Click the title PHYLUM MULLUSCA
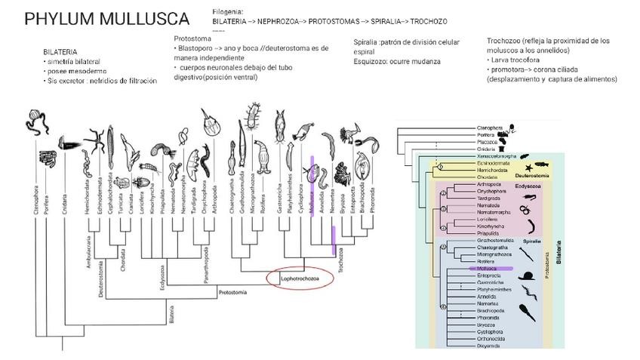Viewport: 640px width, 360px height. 106,19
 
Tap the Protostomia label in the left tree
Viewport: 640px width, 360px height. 232,291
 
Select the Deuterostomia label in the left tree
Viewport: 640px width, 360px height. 101,281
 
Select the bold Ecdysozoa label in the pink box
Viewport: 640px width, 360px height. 528,183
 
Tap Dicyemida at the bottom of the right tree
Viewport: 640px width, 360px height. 489,346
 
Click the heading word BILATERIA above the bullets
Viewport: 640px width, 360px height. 60,52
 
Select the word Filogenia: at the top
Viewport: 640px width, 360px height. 228,12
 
